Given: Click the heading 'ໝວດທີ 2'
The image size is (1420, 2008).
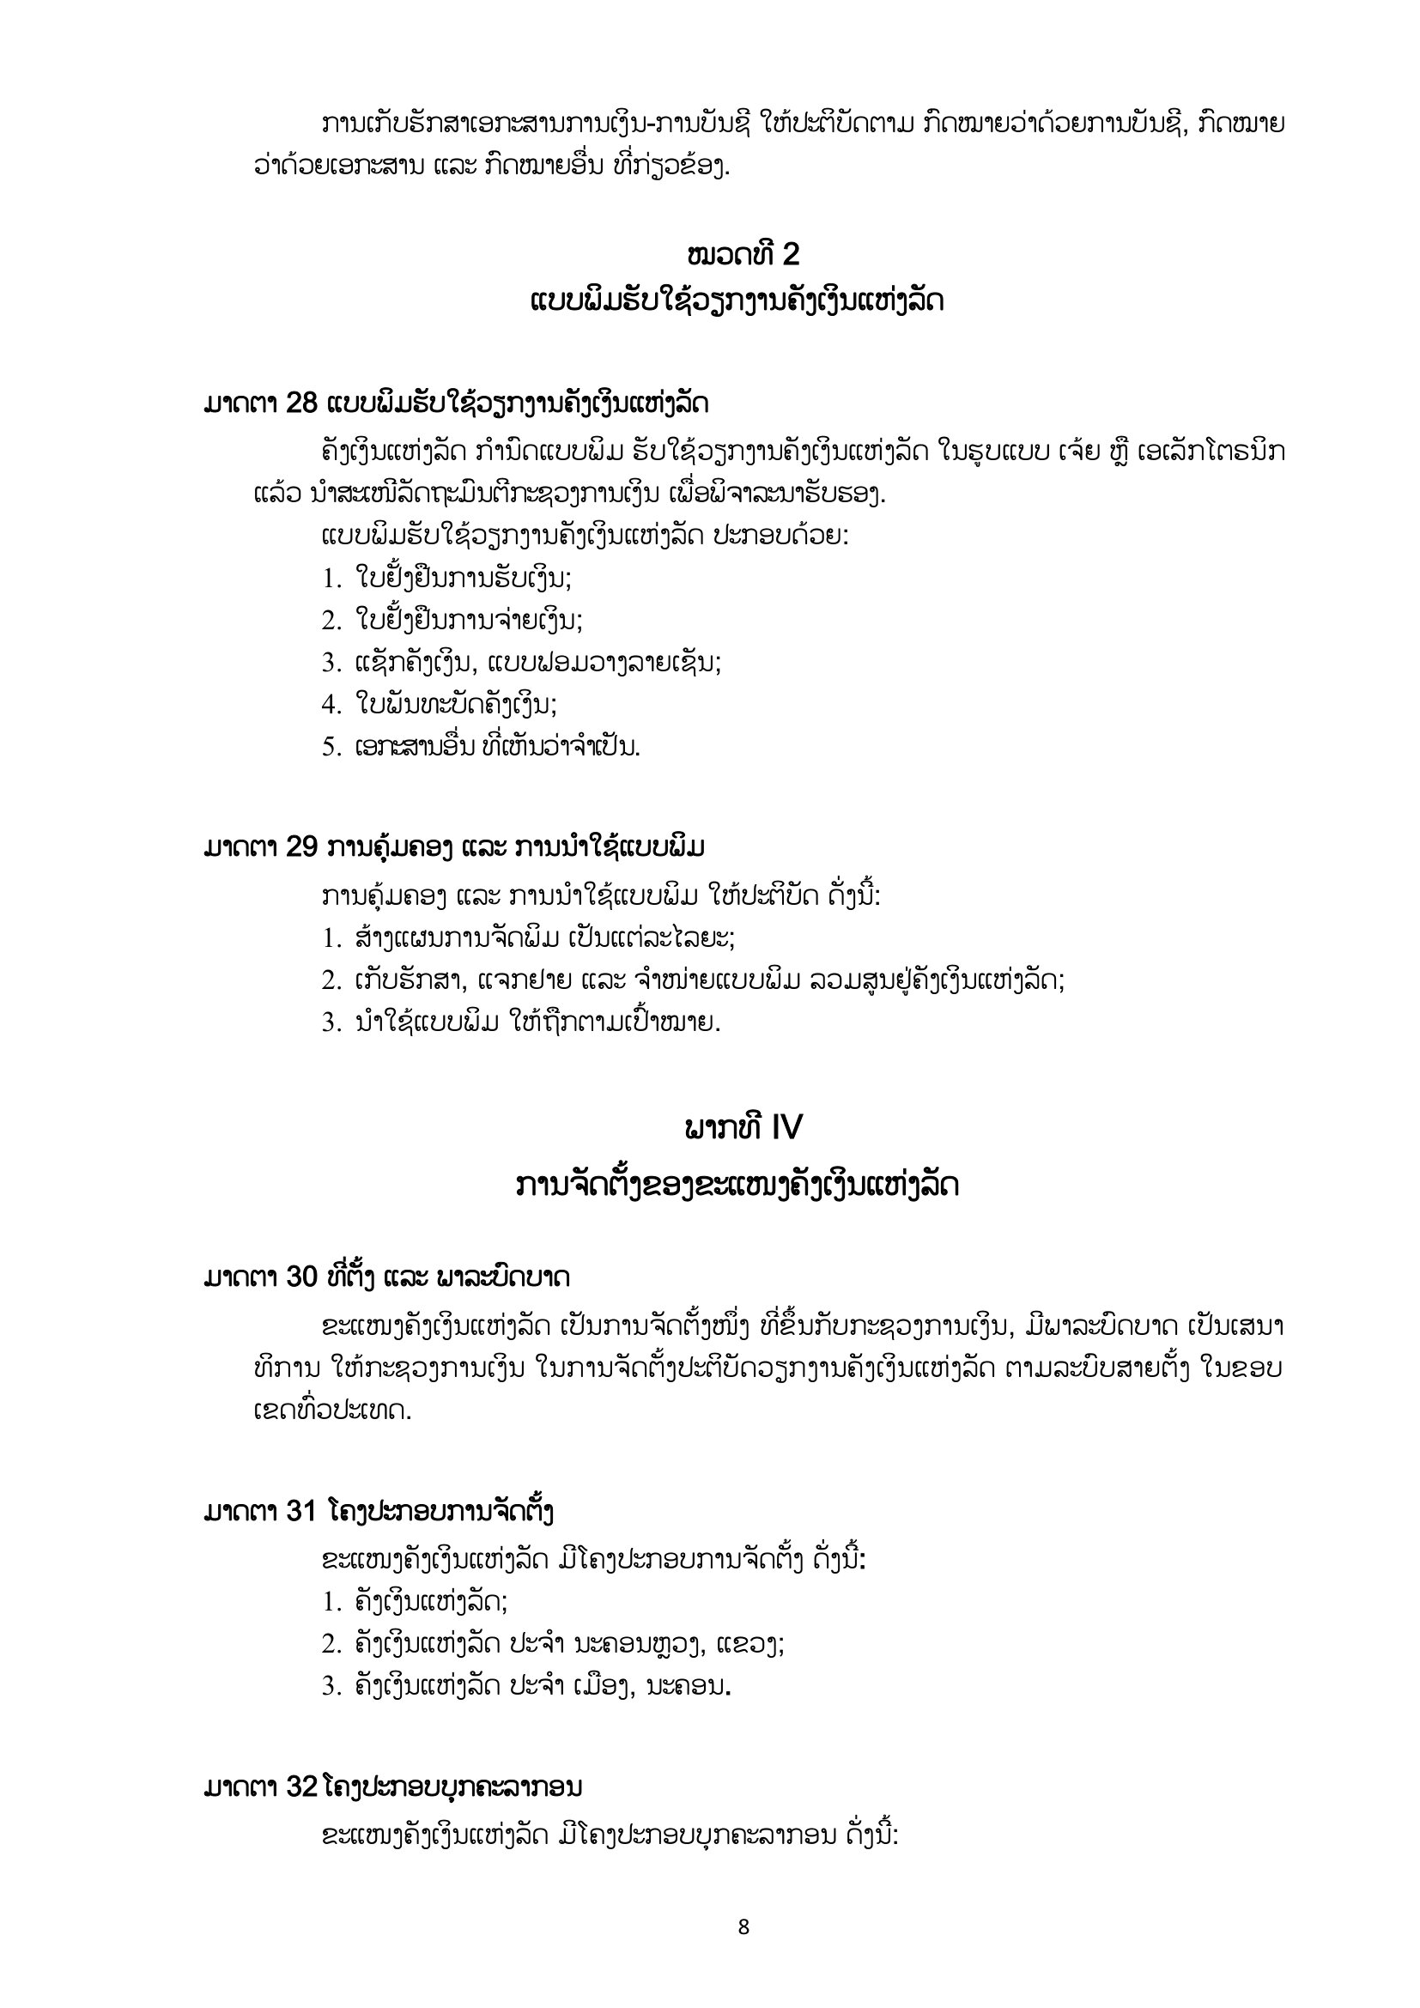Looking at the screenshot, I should pos(743,254).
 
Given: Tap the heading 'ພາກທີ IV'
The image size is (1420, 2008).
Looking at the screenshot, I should pos(743,1128).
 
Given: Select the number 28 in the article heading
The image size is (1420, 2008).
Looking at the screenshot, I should pos(301,404).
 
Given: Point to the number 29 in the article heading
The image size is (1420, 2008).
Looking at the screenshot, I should pos(301,847).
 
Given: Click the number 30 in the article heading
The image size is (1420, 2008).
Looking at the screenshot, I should pos(301,1277).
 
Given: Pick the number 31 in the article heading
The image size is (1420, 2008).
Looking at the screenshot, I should pos(301,1511).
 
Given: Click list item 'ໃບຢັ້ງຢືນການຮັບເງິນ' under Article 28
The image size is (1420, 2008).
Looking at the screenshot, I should pos(464,578).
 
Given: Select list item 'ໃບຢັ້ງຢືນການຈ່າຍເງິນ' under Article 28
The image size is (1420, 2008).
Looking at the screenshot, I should pos(469,620).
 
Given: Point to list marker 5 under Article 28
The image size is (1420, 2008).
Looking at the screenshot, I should pos(330,747).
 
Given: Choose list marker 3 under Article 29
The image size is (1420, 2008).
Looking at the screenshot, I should pos(330,1022).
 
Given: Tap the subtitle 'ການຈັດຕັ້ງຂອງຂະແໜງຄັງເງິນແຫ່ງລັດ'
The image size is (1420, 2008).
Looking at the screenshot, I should pos(737,1186).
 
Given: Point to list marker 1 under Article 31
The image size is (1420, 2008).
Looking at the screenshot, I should pos(330,1602).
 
